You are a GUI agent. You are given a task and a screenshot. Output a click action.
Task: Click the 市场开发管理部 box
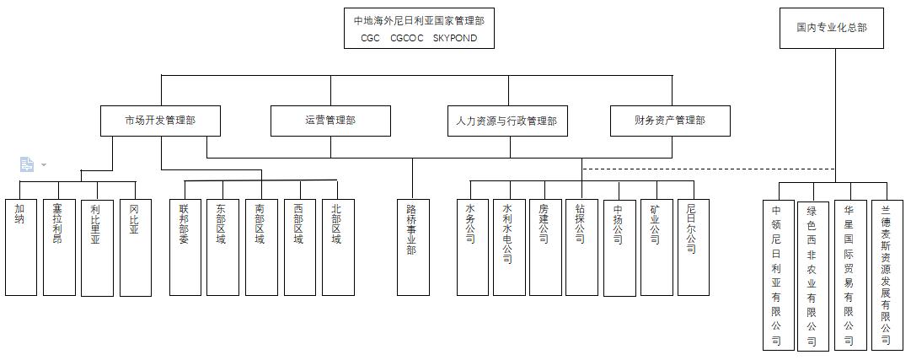(x=160, y=121)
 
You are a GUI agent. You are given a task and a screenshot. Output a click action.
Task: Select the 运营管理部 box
(x=330, y=121)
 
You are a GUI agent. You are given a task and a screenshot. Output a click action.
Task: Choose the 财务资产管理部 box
(x=669, y=121)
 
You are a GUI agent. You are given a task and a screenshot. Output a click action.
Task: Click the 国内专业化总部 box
(x=831, y=28)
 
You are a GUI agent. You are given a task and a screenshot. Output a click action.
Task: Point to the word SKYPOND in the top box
(x=454, y=38)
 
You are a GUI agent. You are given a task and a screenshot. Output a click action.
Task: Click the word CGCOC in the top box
(x=407, y=38)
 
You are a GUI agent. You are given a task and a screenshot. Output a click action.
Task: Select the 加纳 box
(x=20, y=247)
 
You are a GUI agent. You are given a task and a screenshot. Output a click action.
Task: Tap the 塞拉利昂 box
(x=58, y=247)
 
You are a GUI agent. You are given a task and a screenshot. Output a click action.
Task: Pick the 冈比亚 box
(x=135, y=247)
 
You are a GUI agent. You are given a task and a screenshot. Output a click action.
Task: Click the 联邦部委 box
(x=185, y=247)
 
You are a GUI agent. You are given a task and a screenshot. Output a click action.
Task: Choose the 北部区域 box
(x=337, y=247)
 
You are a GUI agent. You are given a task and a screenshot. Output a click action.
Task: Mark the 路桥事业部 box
(x=412, y=247)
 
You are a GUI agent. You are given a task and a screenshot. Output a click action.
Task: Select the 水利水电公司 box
(x=508, y=247)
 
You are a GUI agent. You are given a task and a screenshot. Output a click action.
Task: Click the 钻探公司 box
(x=581, y=247)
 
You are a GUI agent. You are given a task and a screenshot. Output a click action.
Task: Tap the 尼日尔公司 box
(x=692, y=247)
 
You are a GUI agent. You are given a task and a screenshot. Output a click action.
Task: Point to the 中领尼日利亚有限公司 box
(x=777, y=274)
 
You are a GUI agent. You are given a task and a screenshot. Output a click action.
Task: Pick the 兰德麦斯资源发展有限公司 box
(x=886, y=274)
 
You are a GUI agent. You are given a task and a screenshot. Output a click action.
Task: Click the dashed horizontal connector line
(x=708, y=169)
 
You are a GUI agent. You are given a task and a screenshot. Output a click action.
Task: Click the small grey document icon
(x=27, y=164)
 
